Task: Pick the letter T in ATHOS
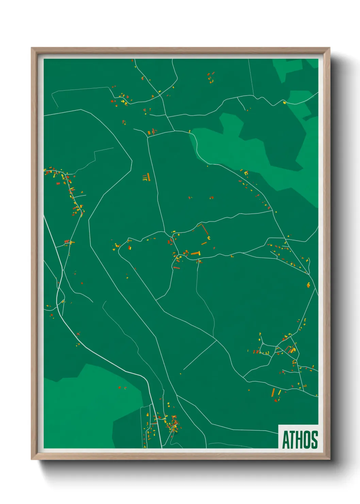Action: pos(292,440)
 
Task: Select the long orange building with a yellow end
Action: pos(195,253)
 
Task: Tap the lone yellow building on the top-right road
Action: pos(284,102)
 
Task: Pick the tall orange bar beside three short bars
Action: pos(148,177)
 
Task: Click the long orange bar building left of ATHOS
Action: pos(273,392)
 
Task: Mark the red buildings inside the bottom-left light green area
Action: pos(120,388)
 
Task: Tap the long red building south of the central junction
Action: pos(176,268)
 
